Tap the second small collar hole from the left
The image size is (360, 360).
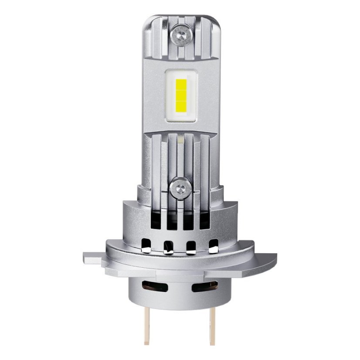[167, 247]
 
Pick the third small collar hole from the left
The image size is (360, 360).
[190, 247]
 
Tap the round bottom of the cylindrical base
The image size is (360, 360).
[180, 312]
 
